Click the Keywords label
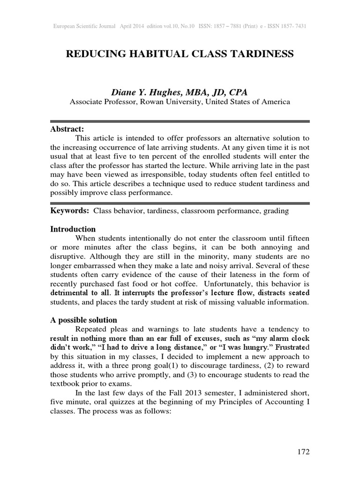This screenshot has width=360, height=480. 70,211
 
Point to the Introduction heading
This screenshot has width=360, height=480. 73,229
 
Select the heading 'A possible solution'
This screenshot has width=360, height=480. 83,320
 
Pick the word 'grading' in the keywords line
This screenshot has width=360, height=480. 277,211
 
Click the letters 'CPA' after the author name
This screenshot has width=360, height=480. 238,93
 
